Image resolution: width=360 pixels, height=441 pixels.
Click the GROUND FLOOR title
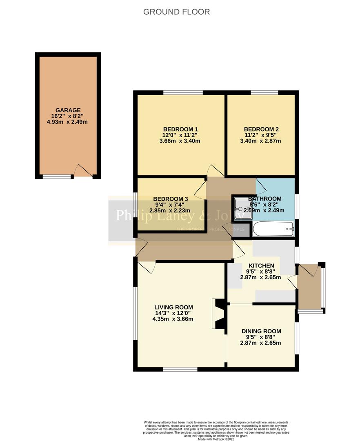coord(176,12)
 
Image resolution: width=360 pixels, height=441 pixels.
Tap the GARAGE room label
coord(68,110)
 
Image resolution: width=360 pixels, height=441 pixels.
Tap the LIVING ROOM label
coord(173,307)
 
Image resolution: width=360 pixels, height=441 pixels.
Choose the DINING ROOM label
coord(261,331)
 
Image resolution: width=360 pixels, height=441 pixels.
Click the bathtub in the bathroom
coord(273,229)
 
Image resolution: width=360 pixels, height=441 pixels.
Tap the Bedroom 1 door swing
coord(214,171)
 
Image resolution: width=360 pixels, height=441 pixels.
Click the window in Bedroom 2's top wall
coord(264,93)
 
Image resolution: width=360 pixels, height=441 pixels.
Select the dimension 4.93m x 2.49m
coord(68,122)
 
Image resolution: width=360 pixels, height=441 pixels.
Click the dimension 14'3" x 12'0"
coord(173,313)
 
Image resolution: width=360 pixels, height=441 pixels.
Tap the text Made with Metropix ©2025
coord(216,439)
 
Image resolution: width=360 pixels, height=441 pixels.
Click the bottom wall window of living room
coord(180,369)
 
